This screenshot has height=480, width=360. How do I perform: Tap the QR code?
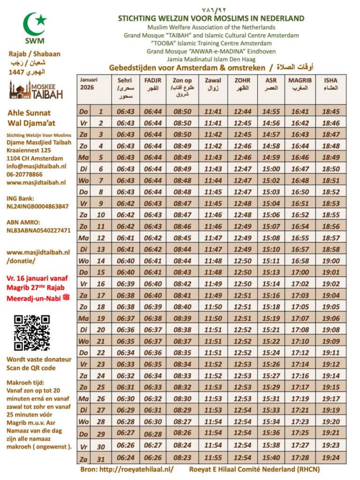(x=32, y=332)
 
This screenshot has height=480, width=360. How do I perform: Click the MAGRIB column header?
(x=300, y=84)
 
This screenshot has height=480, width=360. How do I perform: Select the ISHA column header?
(x=331, y=84)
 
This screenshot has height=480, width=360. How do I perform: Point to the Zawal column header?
(x=213, y=84)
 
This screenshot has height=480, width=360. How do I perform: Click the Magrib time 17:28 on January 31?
(x=300, y=458)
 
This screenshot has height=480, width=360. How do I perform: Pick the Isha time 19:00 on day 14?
(x=331, y=261)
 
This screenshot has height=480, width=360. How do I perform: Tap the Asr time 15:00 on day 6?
(x=271, y=168)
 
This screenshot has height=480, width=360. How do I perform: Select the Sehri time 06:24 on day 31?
(x=126, y=458)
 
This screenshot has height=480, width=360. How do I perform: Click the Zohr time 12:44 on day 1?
(x=242, y=112)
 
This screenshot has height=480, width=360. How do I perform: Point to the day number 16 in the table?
(x=101, y=283)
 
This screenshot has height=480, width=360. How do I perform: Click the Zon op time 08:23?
(x=182, y=458)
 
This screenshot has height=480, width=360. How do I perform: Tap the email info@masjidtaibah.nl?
(x=37, y=165)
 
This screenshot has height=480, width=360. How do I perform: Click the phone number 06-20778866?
(x=27, y=173)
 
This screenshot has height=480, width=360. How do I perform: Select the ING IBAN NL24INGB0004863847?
(x=37, y=206)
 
